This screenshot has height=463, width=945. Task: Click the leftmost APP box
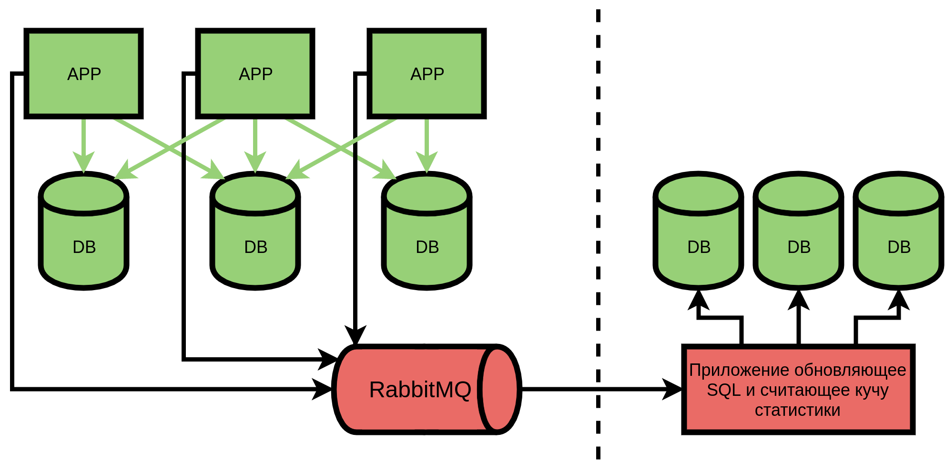point(83,73)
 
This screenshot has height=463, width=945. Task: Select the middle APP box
point(255,73)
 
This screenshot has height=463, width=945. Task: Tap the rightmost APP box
point(427,73)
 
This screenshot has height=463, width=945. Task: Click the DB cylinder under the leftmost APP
point(83,231)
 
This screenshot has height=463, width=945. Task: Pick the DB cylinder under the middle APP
point(255,231)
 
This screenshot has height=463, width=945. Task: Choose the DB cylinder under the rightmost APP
point(427,231)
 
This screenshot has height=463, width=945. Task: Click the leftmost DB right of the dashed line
point(698,231)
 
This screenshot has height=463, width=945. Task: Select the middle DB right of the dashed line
point(798,231)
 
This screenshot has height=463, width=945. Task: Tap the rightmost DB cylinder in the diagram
point(898,231)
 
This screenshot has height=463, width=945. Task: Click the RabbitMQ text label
point(420,390)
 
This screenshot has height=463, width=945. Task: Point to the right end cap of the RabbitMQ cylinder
point(498,389)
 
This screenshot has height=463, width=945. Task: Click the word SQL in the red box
point(724,390)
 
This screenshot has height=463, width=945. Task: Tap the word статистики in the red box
point(798,410)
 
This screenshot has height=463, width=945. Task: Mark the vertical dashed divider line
point(598,233)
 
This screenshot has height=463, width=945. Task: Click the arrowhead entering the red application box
point(673,389)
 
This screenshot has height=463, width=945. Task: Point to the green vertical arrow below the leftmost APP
point(83,145)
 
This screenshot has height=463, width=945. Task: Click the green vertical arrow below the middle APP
point(255,145)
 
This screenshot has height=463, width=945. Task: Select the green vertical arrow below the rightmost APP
point(427,145)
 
